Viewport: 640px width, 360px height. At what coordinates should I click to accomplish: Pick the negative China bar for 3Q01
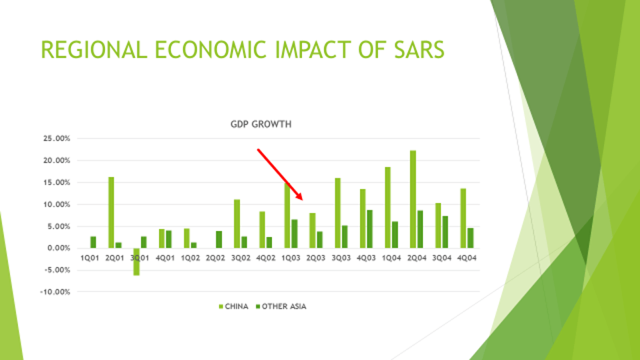coord(136,262)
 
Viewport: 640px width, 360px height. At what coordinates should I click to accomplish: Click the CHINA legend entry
coord(234,307)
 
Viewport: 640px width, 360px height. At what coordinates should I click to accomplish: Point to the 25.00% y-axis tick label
coord(57,138)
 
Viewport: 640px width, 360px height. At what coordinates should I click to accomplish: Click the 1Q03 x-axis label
coord(291,258)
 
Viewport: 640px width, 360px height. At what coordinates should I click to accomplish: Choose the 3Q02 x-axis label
coord(241,258)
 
